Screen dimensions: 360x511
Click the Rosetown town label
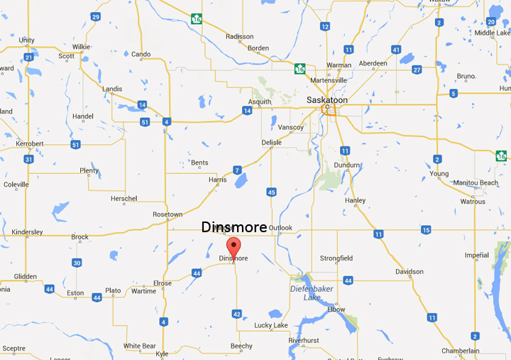pyautogui.click(x=167, y=214)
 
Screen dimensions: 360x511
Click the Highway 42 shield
pyautogui.click(x=237, y=313)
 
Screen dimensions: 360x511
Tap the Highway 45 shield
pyautogui.click(x=271, y=192)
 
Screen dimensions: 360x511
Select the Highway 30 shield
pyautogui.click(x=77, y=263)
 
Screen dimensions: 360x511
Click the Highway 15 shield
pyautogui.click(x=426, y=229)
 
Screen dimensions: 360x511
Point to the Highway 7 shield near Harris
pyautogui.click(x=237, y=170)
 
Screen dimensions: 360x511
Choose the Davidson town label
pyautogui.click(x=409, y=272)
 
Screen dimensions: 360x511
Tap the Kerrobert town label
pyautogui.click(x=31, y=144)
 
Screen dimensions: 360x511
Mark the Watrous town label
pyautogui.click(x=473, y=202)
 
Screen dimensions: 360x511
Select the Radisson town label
pyautogui.click(x=239, y=37)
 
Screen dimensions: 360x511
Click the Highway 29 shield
pyautogui.click(x=96, y=16)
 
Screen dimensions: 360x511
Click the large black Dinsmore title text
pyautogui.click(x=234, y=227)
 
